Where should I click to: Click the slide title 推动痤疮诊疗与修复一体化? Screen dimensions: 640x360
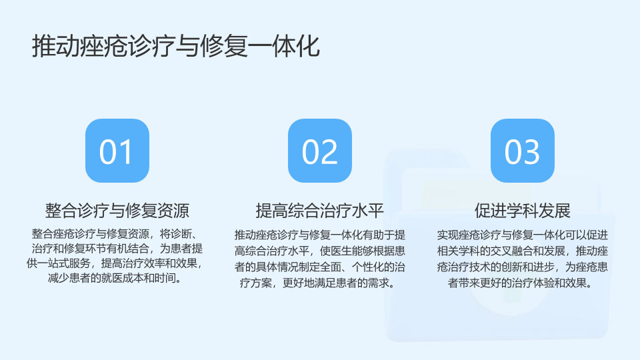176,46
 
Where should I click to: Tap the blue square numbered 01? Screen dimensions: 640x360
117,151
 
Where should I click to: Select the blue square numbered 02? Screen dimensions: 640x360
320,151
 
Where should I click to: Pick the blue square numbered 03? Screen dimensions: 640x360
523,151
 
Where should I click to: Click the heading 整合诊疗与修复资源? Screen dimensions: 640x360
117,211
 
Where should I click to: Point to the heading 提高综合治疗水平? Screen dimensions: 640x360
320,211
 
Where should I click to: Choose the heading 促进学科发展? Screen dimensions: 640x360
523,211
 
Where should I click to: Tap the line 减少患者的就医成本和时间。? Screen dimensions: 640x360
115,278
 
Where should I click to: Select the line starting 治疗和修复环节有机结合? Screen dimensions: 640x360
117,249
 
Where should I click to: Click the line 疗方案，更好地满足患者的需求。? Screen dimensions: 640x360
317,283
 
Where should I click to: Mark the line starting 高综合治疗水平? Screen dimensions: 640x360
320,251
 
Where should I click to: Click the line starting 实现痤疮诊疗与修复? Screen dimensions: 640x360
523,235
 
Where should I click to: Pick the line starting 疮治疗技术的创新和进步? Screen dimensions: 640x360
523,267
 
